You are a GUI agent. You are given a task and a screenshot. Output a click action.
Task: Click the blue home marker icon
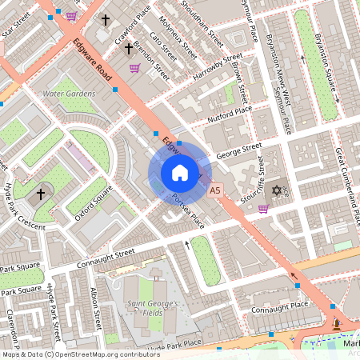[180, 173]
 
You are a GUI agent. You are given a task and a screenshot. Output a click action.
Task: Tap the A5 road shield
[214, 191]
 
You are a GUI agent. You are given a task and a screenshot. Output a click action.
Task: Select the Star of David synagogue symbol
[277, 191]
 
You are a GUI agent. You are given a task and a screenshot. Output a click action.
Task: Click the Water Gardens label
[69, 94]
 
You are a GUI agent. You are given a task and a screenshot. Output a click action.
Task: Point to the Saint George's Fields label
[157, 304]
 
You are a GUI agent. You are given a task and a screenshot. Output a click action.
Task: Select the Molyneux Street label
[178, 38]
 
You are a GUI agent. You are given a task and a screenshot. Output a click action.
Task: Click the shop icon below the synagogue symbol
[263, 209]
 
